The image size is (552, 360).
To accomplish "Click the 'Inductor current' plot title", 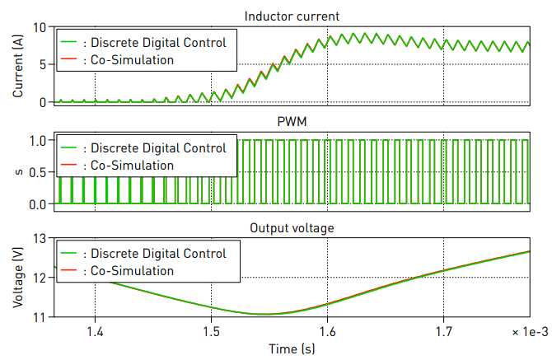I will click(x=293, y=16).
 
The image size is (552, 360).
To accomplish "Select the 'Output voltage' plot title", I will click(x=293, y=227).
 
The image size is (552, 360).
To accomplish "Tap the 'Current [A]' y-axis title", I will click(x=19, y=64).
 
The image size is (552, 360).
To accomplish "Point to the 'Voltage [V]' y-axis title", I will click(x=19, y=277).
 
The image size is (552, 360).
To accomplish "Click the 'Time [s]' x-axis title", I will click(x=293, y=348).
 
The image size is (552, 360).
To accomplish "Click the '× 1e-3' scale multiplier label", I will click(x=527, y=331).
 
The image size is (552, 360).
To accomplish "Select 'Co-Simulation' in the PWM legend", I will click(x=133, y=165).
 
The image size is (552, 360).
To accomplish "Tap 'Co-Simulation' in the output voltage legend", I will click(x=133, y=270).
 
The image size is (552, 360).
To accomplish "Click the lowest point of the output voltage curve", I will click(x=265, y=314).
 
